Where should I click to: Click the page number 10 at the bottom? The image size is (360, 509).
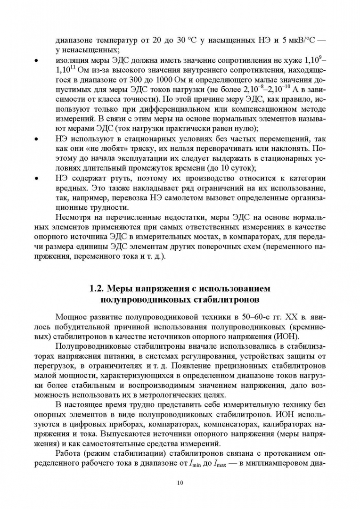click(x=180, y=483)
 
